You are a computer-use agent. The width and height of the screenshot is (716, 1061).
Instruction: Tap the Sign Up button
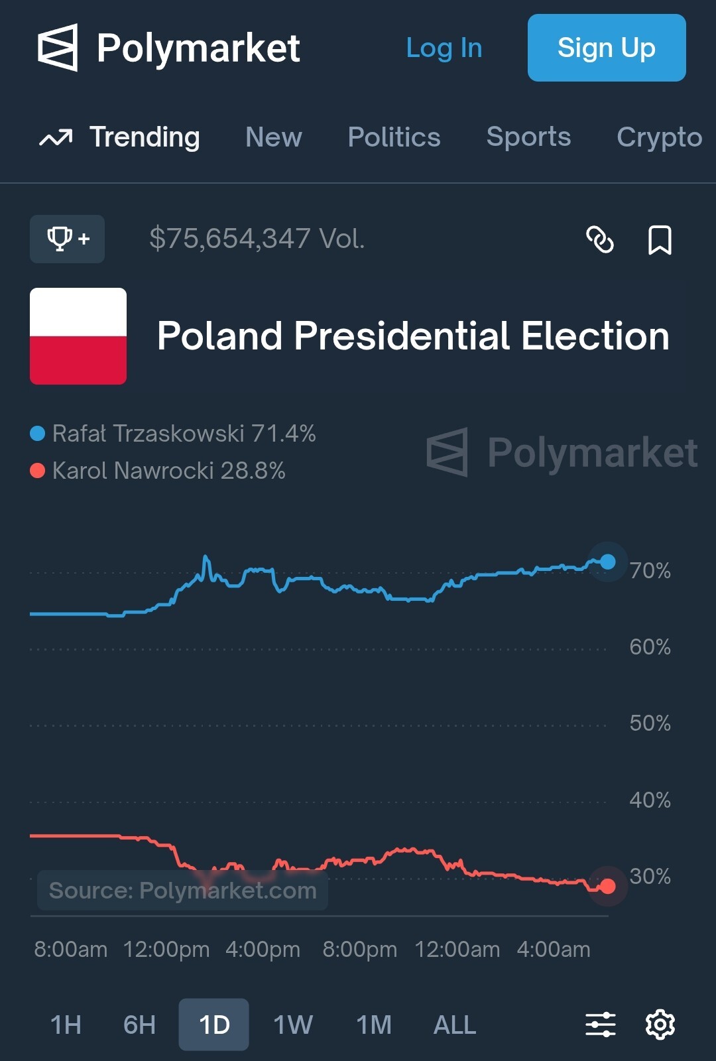point(606,48)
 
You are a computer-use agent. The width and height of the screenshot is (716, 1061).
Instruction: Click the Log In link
point(444,48)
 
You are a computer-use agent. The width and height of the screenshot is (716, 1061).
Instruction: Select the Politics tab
point(394,137)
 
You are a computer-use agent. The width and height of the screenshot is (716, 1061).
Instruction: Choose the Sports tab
point(528,137)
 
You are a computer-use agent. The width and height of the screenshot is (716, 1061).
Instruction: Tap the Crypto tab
point(659,137)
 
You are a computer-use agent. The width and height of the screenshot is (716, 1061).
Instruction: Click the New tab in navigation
point(273,137)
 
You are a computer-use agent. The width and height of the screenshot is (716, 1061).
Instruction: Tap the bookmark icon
point(659,239)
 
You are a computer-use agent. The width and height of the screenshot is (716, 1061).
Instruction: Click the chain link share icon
point(600,239)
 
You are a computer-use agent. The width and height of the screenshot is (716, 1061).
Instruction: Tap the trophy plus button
point(67,239)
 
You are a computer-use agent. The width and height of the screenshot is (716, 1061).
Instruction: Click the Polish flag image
point(78,336)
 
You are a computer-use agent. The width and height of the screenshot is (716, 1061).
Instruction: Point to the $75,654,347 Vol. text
point(257,239)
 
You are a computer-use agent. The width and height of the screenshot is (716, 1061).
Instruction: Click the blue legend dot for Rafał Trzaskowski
point(38,434)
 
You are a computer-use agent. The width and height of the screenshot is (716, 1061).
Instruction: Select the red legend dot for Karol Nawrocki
point(38,471)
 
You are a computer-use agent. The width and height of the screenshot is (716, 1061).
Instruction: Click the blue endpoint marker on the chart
point(607,562)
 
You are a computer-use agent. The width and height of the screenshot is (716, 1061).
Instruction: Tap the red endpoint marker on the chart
point(607,886)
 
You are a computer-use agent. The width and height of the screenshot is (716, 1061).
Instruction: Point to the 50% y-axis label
point(650,723)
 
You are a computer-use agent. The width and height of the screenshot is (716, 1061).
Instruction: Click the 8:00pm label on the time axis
point(359,950)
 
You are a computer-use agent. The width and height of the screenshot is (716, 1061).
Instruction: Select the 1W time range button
point(292,1025)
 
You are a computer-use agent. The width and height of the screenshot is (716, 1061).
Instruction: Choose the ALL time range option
point(454,1025)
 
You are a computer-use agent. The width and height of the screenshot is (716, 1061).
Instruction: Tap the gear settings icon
point(660,1025)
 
